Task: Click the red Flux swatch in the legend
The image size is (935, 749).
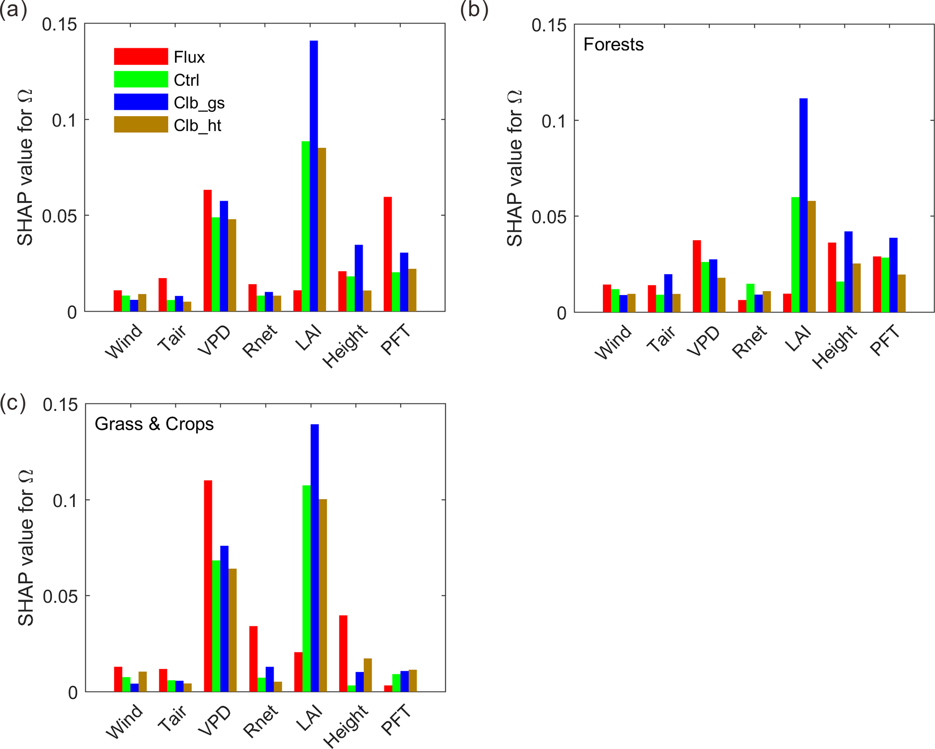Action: coord(141,57)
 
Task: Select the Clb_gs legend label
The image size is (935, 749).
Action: coord(199,103)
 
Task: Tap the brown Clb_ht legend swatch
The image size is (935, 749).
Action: coord(141,124)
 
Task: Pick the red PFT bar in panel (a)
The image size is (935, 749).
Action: coord(388,254)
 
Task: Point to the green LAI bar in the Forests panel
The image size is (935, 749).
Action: coord(795,254)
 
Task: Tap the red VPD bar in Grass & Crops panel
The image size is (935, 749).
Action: coord(208,586)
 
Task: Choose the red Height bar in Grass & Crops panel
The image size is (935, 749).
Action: coord(343,653)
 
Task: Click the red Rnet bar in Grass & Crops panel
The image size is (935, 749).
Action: coord(253,659)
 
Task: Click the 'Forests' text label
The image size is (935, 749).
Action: coord(613,44)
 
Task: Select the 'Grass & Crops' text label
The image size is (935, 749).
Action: coord(154,424)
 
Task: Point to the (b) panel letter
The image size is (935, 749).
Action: coord(474,10)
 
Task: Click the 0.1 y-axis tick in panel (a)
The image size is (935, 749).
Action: coord(64,120)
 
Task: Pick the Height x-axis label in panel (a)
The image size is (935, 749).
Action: coord(346,346)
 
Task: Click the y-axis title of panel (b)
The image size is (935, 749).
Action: coord(514,168)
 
